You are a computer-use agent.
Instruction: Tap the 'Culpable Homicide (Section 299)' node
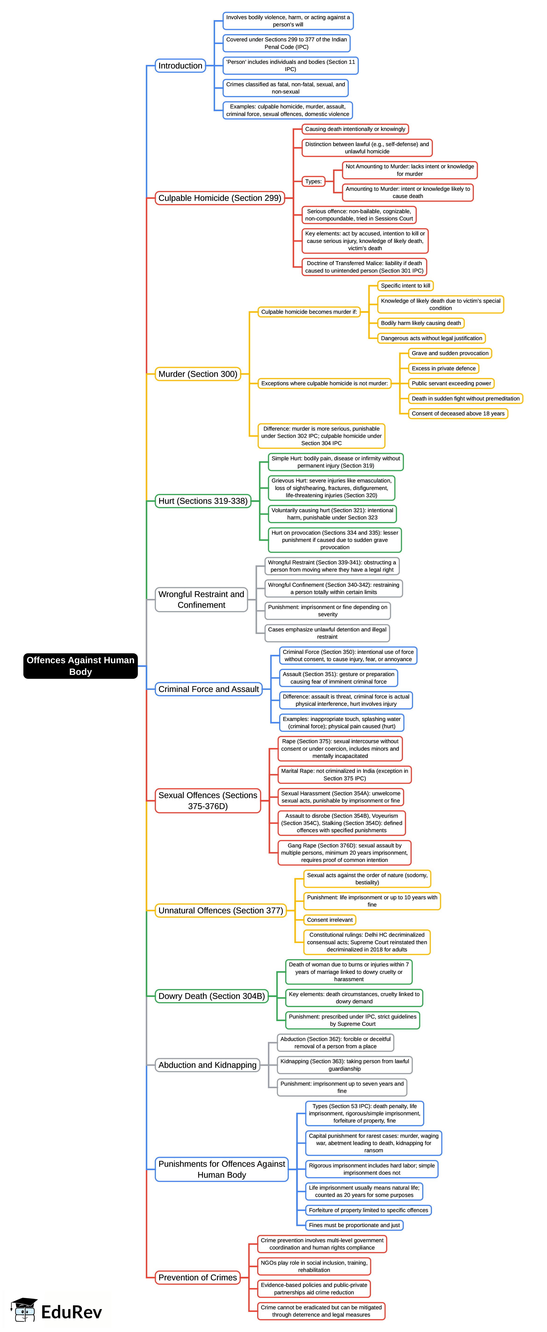click(x=220, y=198)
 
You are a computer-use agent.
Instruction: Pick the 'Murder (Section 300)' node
click(x=198, y=374)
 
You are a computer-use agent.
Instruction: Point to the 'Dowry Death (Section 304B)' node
click(x=212, y=996)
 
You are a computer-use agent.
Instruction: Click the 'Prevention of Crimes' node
click(x=198, y=1277)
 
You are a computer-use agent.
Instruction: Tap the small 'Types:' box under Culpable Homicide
click(x=313, y=181)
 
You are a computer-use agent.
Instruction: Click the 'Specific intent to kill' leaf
click(x=405, y=285)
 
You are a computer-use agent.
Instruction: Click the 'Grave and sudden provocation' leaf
click(x=450, y=353)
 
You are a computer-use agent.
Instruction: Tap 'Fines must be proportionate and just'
click(x=354, y=1225)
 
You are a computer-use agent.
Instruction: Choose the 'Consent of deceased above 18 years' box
click(x=458, y=414)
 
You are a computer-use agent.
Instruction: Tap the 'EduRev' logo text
click(x=71, y=1312)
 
